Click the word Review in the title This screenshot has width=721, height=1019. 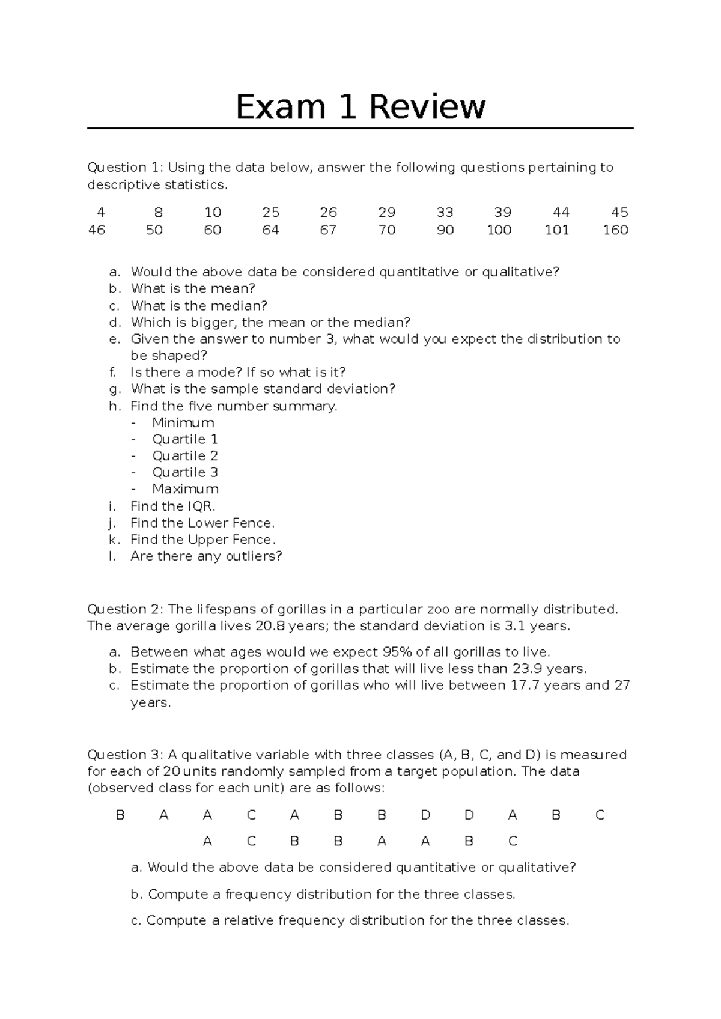point(427,108)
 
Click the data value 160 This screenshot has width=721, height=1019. point(615,230)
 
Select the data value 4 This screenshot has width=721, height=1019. point(100,213)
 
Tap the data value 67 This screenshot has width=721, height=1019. point(328,230)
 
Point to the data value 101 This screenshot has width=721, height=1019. point(556,230)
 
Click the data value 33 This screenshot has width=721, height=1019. point(445,213)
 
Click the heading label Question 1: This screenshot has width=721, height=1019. point(125,168)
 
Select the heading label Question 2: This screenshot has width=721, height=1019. point(125,609)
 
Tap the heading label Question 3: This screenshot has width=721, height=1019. point(125,755)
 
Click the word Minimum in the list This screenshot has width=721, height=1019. point(183,422)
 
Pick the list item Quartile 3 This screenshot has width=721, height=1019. point(185,472)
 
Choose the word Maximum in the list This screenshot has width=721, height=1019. point(185,489)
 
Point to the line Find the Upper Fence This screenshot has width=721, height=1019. point(202,540)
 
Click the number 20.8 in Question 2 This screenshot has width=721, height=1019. point(270,626)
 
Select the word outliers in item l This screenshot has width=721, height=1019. point(250,556)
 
